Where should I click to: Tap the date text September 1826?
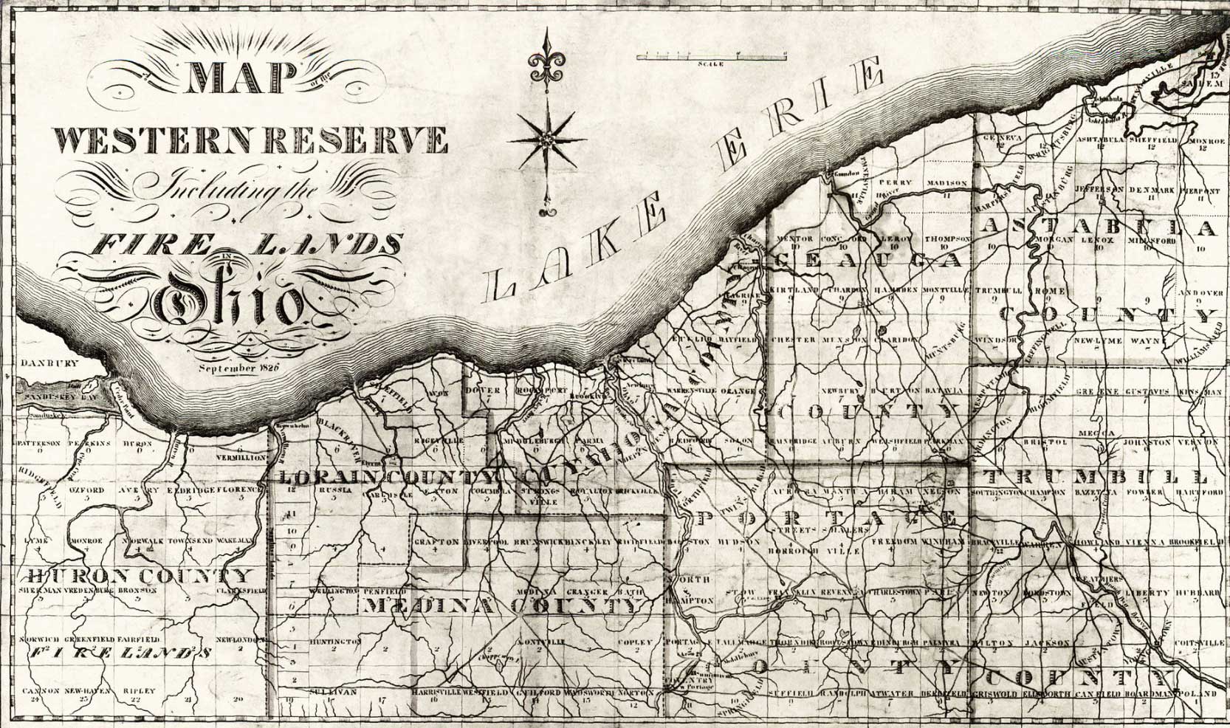tap(236, 367)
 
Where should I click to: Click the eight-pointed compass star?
tap(546, 140)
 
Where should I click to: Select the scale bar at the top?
tap(711, 55)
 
